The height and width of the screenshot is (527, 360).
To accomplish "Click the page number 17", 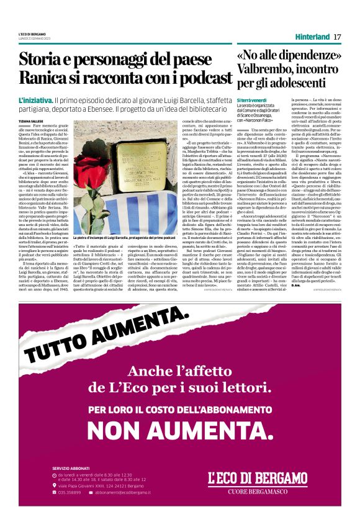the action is point(337,37).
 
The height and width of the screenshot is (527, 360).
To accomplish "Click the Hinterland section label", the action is point(312,37).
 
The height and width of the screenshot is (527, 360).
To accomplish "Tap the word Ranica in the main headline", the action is point(45,78).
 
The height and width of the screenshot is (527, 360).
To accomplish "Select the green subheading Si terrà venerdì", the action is point(252,101).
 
